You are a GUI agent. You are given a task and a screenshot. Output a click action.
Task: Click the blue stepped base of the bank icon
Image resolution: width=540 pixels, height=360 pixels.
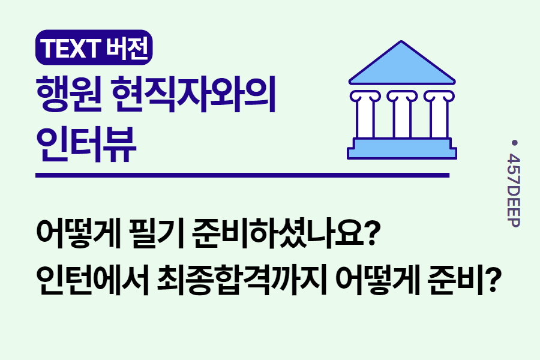coord(402,148)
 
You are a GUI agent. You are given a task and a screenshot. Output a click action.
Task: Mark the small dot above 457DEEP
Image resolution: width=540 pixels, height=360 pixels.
coord(514,143)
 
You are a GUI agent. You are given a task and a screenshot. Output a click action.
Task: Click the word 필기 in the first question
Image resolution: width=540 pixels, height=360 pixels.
coord(152,232)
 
